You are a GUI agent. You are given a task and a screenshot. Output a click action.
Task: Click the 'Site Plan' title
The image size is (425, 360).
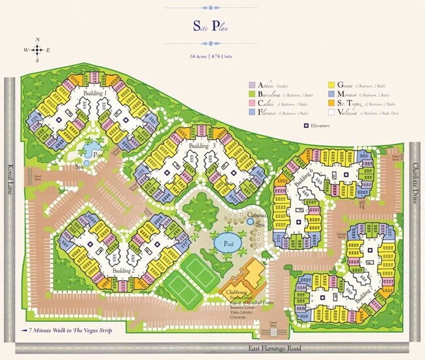tap(212, 26)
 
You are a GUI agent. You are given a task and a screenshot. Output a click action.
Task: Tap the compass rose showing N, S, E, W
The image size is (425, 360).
tap(38, 49)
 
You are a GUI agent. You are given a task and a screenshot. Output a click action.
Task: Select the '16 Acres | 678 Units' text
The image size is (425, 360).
tap(211, 57)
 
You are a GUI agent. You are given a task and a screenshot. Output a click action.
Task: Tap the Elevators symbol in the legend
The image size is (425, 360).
tap(305, 125)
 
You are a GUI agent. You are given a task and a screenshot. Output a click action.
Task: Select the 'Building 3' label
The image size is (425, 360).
tap(202, 145)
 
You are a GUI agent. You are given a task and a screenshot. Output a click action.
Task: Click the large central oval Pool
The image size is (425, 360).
tap(228, 242)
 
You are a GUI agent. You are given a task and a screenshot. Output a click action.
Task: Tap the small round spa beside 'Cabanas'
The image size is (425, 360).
tap(250, 223)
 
